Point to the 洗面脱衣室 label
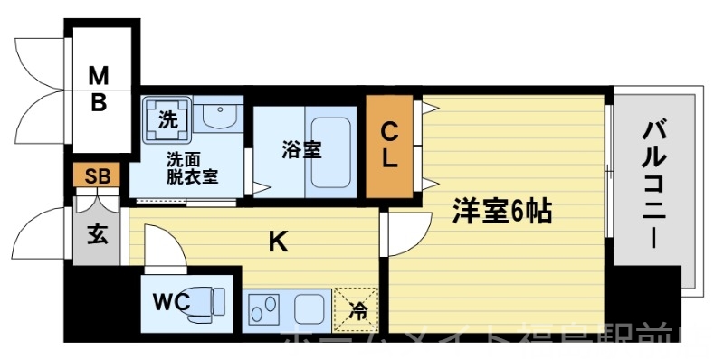[191, 168]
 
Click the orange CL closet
[389, 145]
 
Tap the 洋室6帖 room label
[502, 213]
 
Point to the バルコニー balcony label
[654, 185]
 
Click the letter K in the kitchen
[279, 241]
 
